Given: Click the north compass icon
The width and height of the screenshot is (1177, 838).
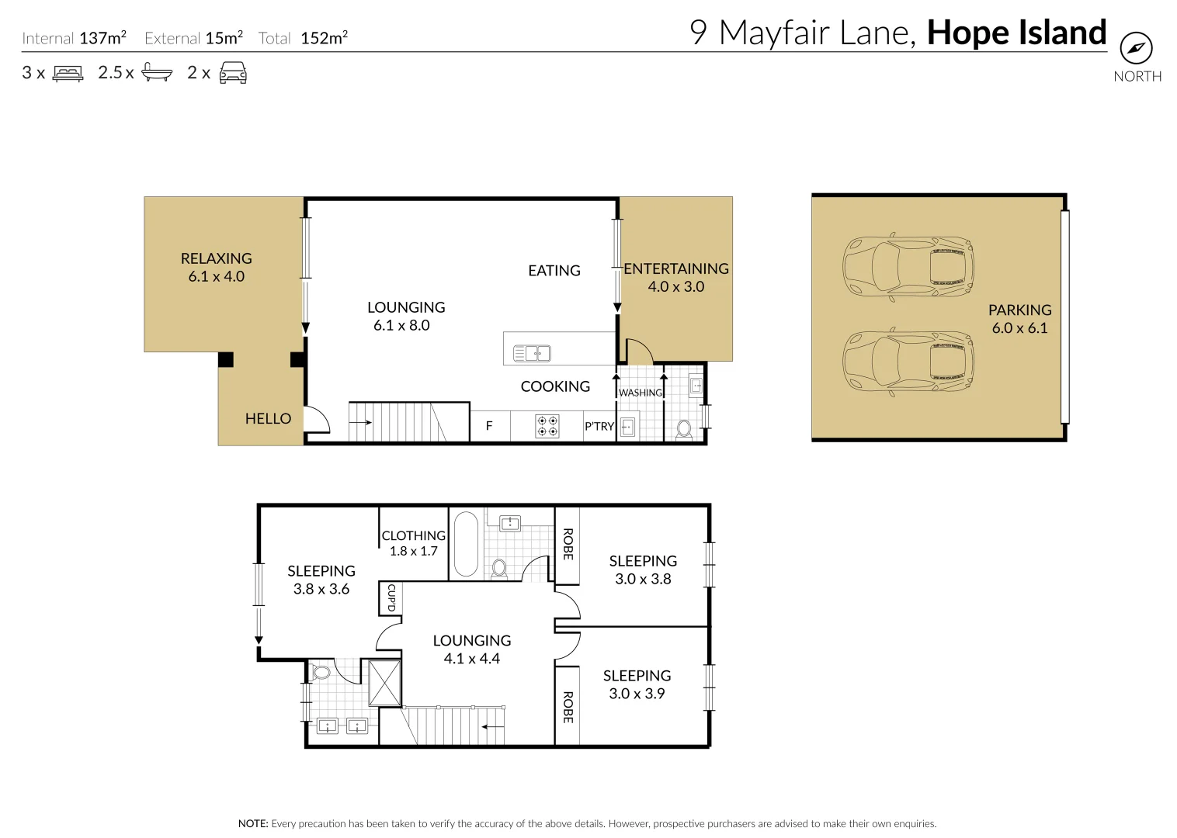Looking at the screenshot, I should [x=1136, y=48].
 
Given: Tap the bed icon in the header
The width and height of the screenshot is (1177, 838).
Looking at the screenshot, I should [x=68, y=74].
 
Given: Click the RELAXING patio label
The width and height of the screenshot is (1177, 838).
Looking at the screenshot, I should [x=216, y=258].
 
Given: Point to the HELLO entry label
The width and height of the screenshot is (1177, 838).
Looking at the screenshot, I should [x=268, y=419].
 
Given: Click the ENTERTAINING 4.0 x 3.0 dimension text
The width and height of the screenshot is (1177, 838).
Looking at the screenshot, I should [x=675, y=286].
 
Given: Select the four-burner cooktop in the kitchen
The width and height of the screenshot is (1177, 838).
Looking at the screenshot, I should [x=547, y=426].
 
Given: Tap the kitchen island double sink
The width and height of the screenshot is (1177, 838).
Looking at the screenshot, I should [x=532, y=354].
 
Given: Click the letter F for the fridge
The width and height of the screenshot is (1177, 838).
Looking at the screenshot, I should [x=489, y=426].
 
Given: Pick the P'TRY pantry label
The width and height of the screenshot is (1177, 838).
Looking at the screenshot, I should [x=599, y=427].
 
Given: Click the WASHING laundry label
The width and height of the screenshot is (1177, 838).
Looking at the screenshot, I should [x=641, y=393].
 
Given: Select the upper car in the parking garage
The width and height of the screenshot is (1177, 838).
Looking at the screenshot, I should [x=908, y=266].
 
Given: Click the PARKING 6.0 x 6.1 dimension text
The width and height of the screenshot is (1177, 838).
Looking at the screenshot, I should [x=1019, y=327].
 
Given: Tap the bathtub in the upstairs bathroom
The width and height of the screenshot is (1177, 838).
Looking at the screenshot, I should [x=466, y=543].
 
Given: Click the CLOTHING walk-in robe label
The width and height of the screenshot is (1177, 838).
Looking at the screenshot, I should [x=413, y=535].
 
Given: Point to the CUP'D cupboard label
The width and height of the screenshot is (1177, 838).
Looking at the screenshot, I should [x=391, y=597].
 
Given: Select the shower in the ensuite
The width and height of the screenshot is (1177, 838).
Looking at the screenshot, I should [x=384, y=683].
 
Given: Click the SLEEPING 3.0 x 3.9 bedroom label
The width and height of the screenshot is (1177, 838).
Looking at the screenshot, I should [x=637, y=684].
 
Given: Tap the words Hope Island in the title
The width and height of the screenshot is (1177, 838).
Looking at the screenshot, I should [x=1016, y=33].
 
